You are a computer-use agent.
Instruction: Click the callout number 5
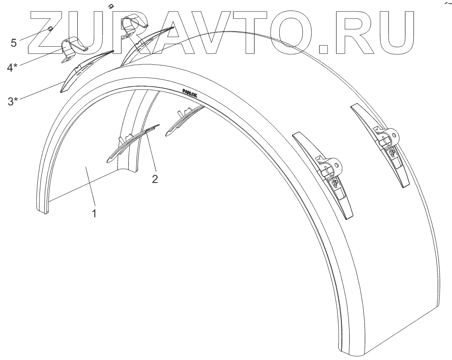pyautogui.click(x=14, y=42)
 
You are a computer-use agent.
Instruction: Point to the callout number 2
pyautogui.click(x=155, y=179)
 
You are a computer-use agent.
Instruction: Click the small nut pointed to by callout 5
pyautogui.click(x=50, y=29)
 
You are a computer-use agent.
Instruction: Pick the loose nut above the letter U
pyautogui.click(x=110, y=6)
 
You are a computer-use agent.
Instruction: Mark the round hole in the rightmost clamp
pyautogui.click(x=392, y=135)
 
